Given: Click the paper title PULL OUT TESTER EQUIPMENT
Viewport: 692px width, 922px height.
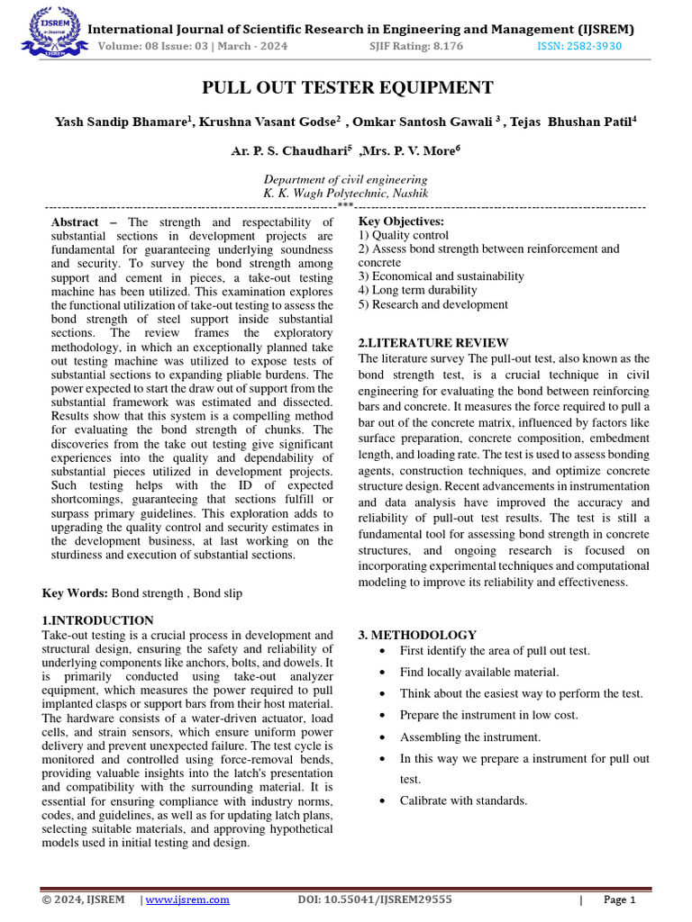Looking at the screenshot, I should click(x=347, y=87).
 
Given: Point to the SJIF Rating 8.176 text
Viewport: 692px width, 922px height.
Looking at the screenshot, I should click(x=416, y=46).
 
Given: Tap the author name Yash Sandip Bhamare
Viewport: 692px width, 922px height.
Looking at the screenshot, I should click(x=123, y=121).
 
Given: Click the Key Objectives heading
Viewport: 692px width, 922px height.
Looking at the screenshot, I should click(x=401, y=221).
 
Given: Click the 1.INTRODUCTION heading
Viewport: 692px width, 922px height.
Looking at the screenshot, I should click(x=98, y=620).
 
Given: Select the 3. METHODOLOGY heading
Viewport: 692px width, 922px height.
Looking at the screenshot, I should click(x=417, y=635).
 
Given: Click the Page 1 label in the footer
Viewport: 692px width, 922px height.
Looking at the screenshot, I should click(x=619, y=899).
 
